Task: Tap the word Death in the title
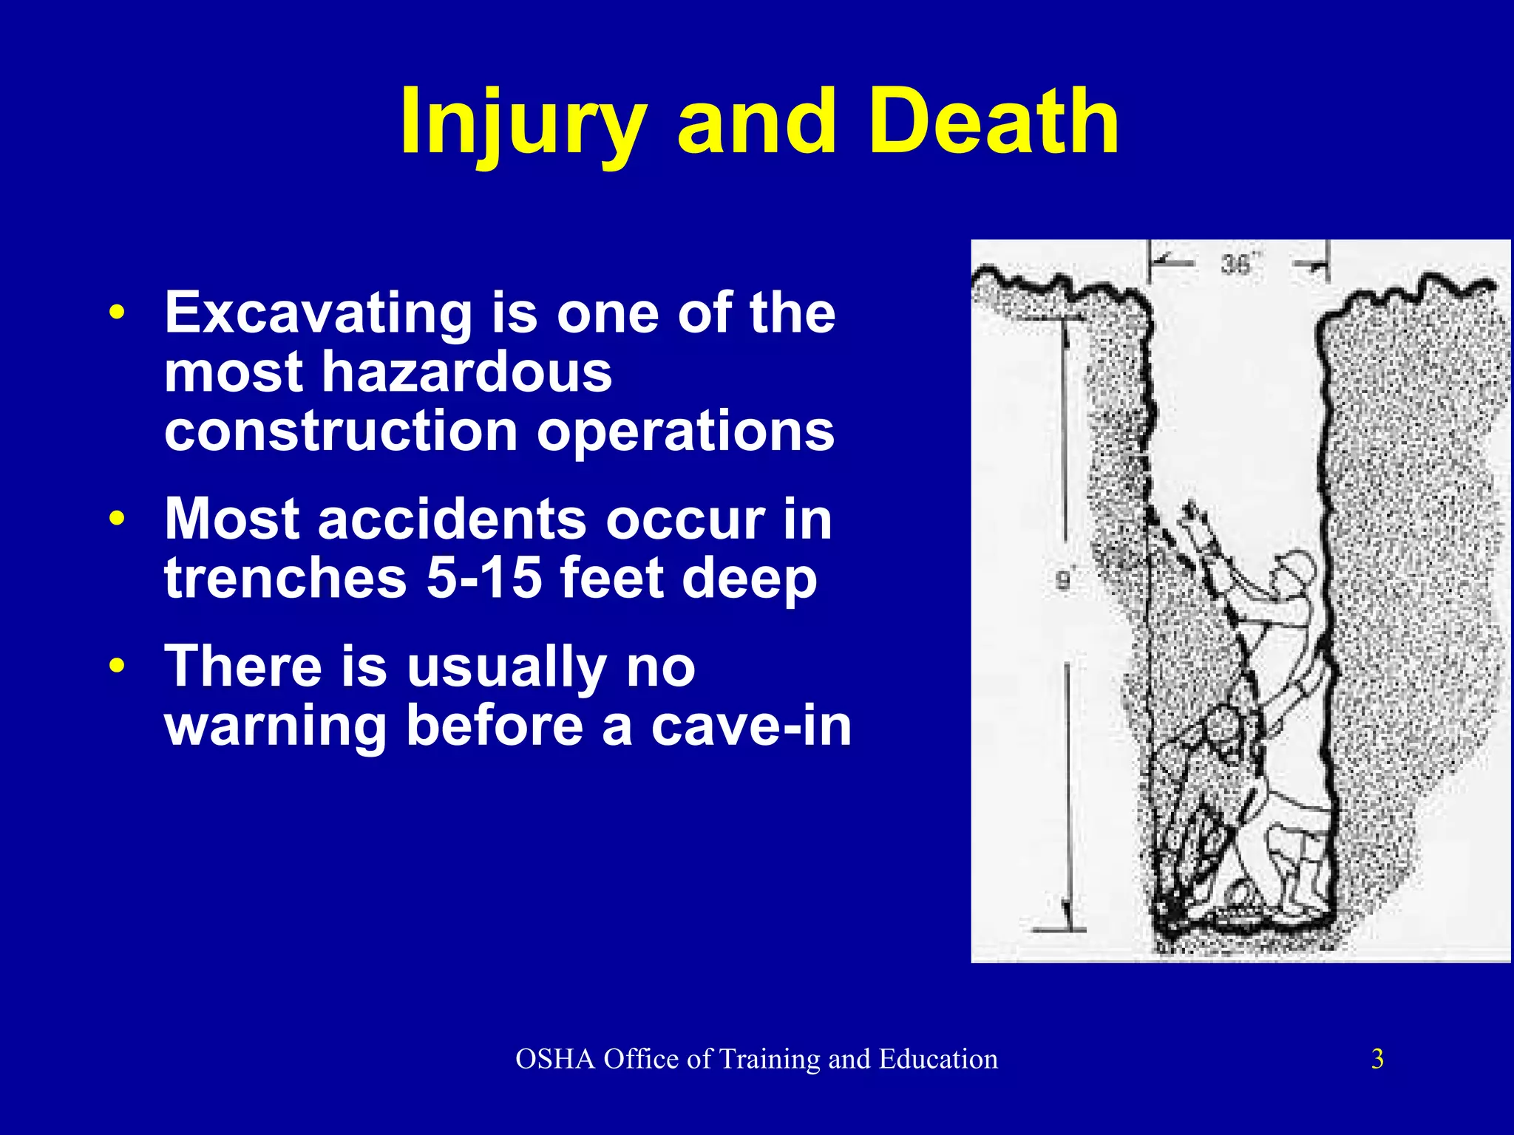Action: point(994,122)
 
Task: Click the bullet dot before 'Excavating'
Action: point(117,312)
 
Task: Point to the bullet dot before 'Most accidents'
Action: point(117,519)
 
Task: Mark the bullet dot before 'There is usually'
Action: point(117,666)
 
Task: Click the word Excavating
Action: point(318,314)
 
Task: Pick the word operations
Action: point(685,433)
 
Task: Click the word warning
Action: point(275,728)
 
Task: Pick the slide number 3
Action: point(1377,1060)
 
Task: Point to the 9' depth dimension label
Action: point(1063,581)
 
